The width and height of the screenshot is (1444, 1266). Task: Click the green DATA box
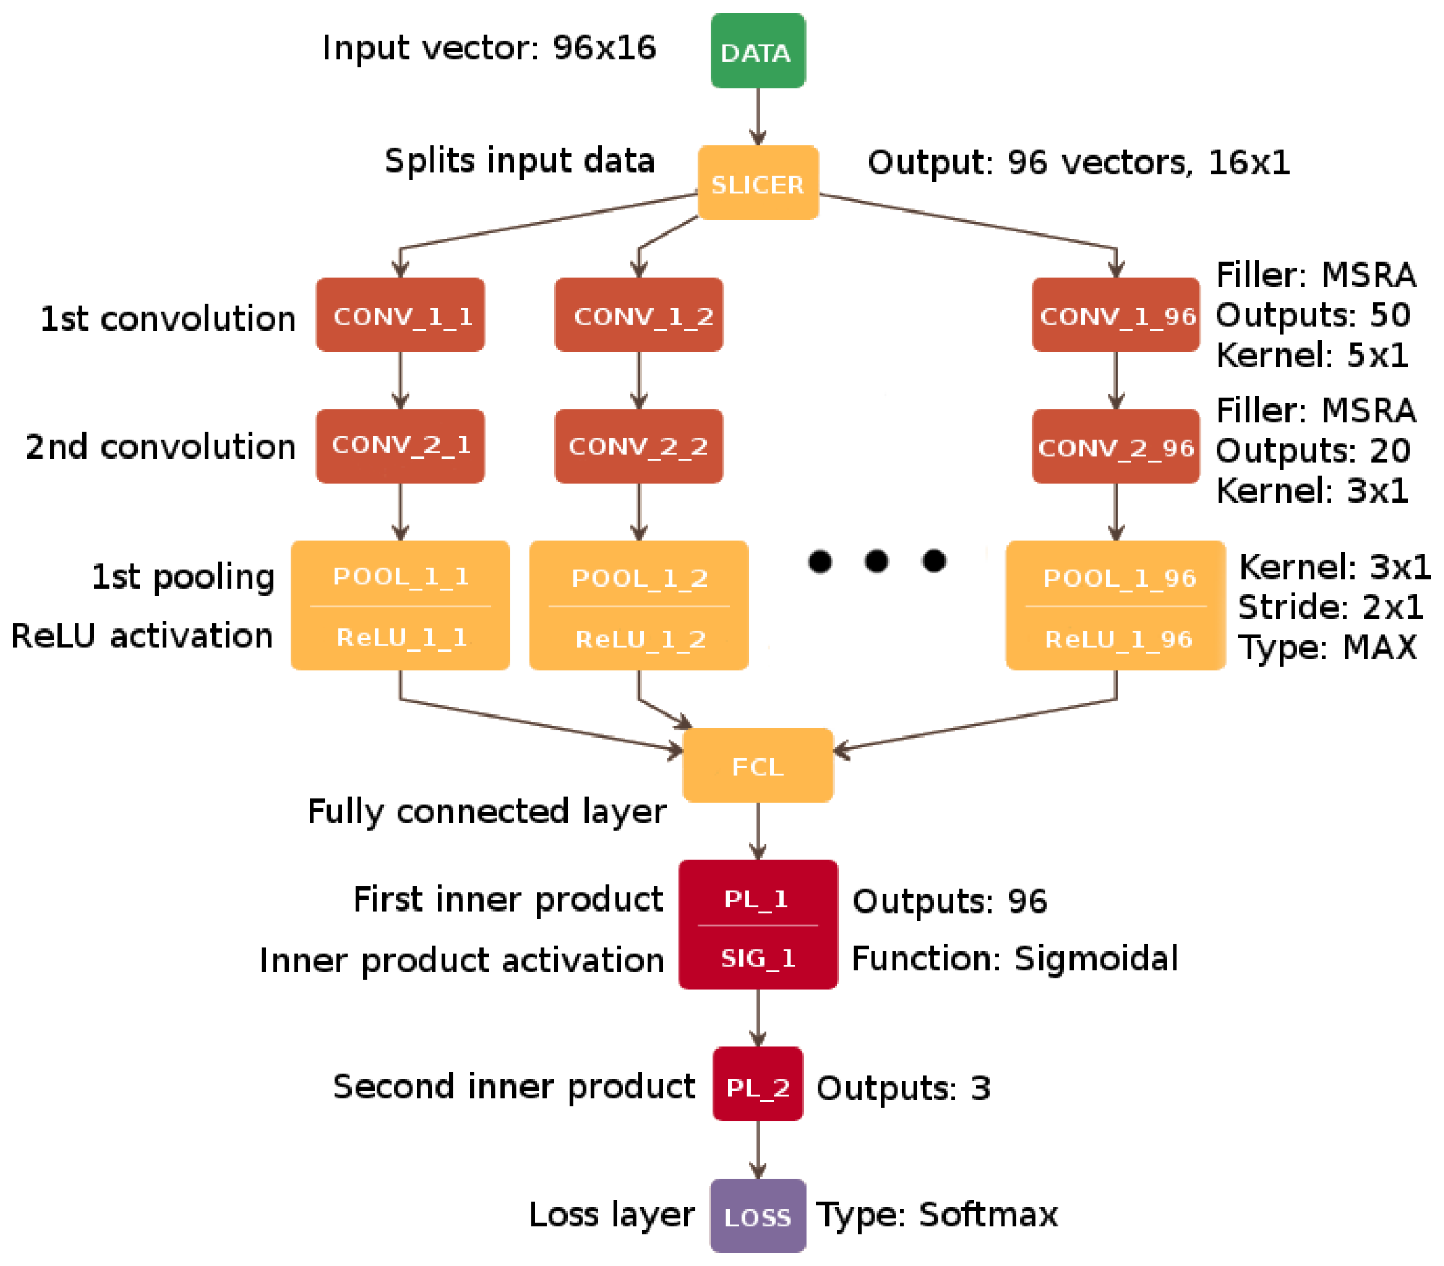[758, 51]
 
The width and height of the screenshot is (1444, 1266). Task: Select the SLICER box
[758, 183]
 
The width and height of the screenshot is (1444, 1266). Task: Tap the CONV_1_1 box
[400, 315]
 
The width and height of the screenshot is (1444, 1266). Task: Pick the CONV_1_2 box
[639, 315]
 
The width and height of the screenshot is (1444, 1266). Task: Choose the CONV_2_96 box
[1116, 447]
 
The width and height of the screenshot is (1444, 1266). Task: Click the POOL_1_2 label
[640, 578]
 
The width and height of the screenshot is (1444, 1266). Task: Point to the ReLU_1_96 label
[1118, 640]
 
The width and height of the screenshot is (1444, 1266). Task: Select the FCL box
[758, 765]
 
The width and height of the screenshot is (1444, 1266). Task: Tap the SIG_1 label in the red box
[758, 958]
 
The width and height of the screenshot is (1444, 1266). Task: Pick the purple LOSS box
[758, 1216]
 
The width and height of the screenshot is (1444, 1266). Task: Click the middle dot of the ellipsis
[876, 561]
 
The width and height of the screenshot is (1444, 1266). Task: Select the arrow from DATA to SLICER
[758, 117]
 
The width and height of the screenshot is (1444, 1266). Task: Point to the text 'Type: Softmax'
[937, 1215]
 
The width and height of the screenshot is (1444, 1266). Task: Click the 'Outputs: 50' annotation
[1313, 315]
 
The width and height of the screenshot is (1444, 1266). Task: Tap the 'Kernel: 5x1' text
[1312, 355]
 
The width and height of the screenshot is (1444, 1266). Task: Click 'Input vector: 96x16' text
[489, 48]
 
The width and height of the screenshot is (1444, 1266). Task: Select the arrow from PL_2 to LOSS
[758, 1149]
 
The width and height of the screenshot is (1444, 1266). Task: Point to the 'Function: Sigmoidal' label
[1014, 959]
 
